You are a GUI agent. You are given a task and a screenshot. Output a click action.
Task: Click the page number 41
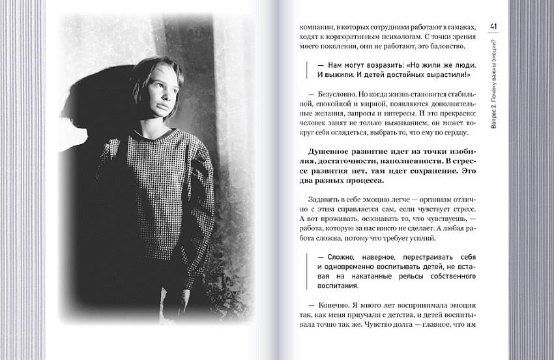(x=493, y=26)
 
